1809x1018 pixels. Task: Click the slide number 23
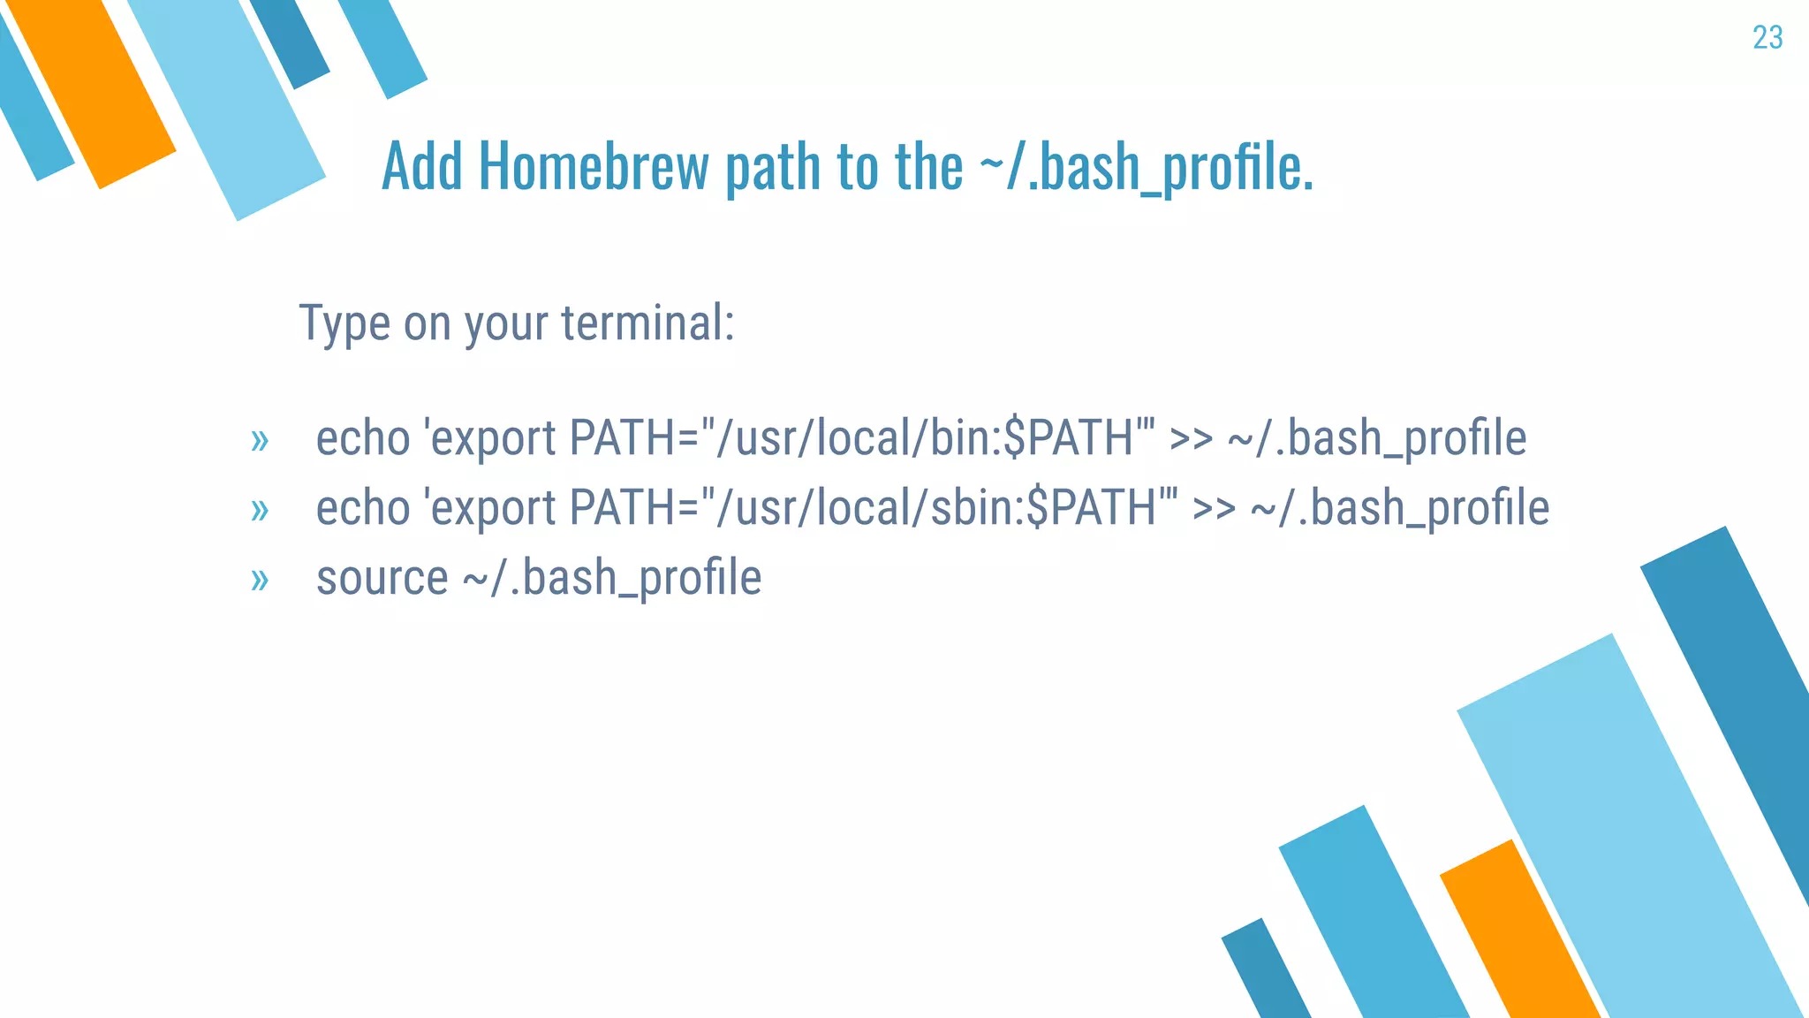pos(1767,38)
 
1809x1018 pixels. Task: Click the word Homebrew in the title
pos(594,166)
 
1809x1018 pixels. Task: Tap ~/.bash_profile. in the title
pos(1146,168)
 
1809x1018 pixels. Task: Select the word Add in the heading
pos(421,166)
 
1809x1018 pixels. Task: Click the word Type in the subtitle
pos(344,324)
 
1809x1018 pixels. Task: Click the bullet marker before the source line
pos(259,580)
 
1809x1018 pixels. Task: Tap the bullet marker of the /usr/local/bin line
pos(259,439)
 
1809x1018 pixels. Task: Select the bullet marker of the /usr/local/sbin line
pos(259,510)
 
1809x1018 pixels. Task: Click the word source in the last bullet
pos(382,579)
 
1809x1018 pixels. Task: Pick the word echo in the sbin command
pos(363,508)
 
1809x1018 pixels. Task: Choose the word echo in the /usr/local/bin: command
pos(363,438)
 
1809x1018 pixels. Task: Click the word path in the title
pos(771,168)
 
